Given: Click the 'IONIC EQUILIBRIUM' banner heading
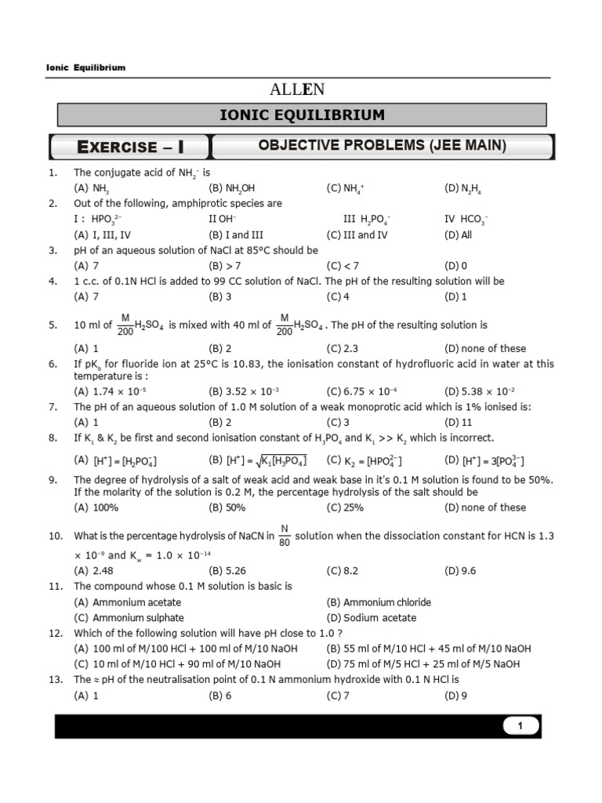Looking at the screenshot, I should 302,115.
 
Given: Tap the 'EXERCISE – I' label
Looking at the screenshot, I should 129,147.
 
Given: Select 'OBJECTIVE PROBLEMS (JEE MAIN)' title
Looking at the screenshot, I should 383,146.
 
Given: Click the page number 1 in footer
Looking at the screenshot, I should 520,726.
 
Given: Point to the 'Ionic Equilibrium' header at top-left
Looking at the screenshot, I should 86,67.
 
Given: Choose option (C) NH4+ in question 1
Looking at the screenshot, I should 347,188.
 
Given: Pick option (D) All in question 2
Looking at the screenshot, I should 458,234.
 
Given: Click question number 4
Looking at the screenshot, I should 53,281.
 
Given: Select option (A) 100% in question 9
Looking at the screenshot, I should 96,507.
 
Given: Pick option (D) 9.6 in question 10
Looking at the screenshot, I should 460,571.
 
